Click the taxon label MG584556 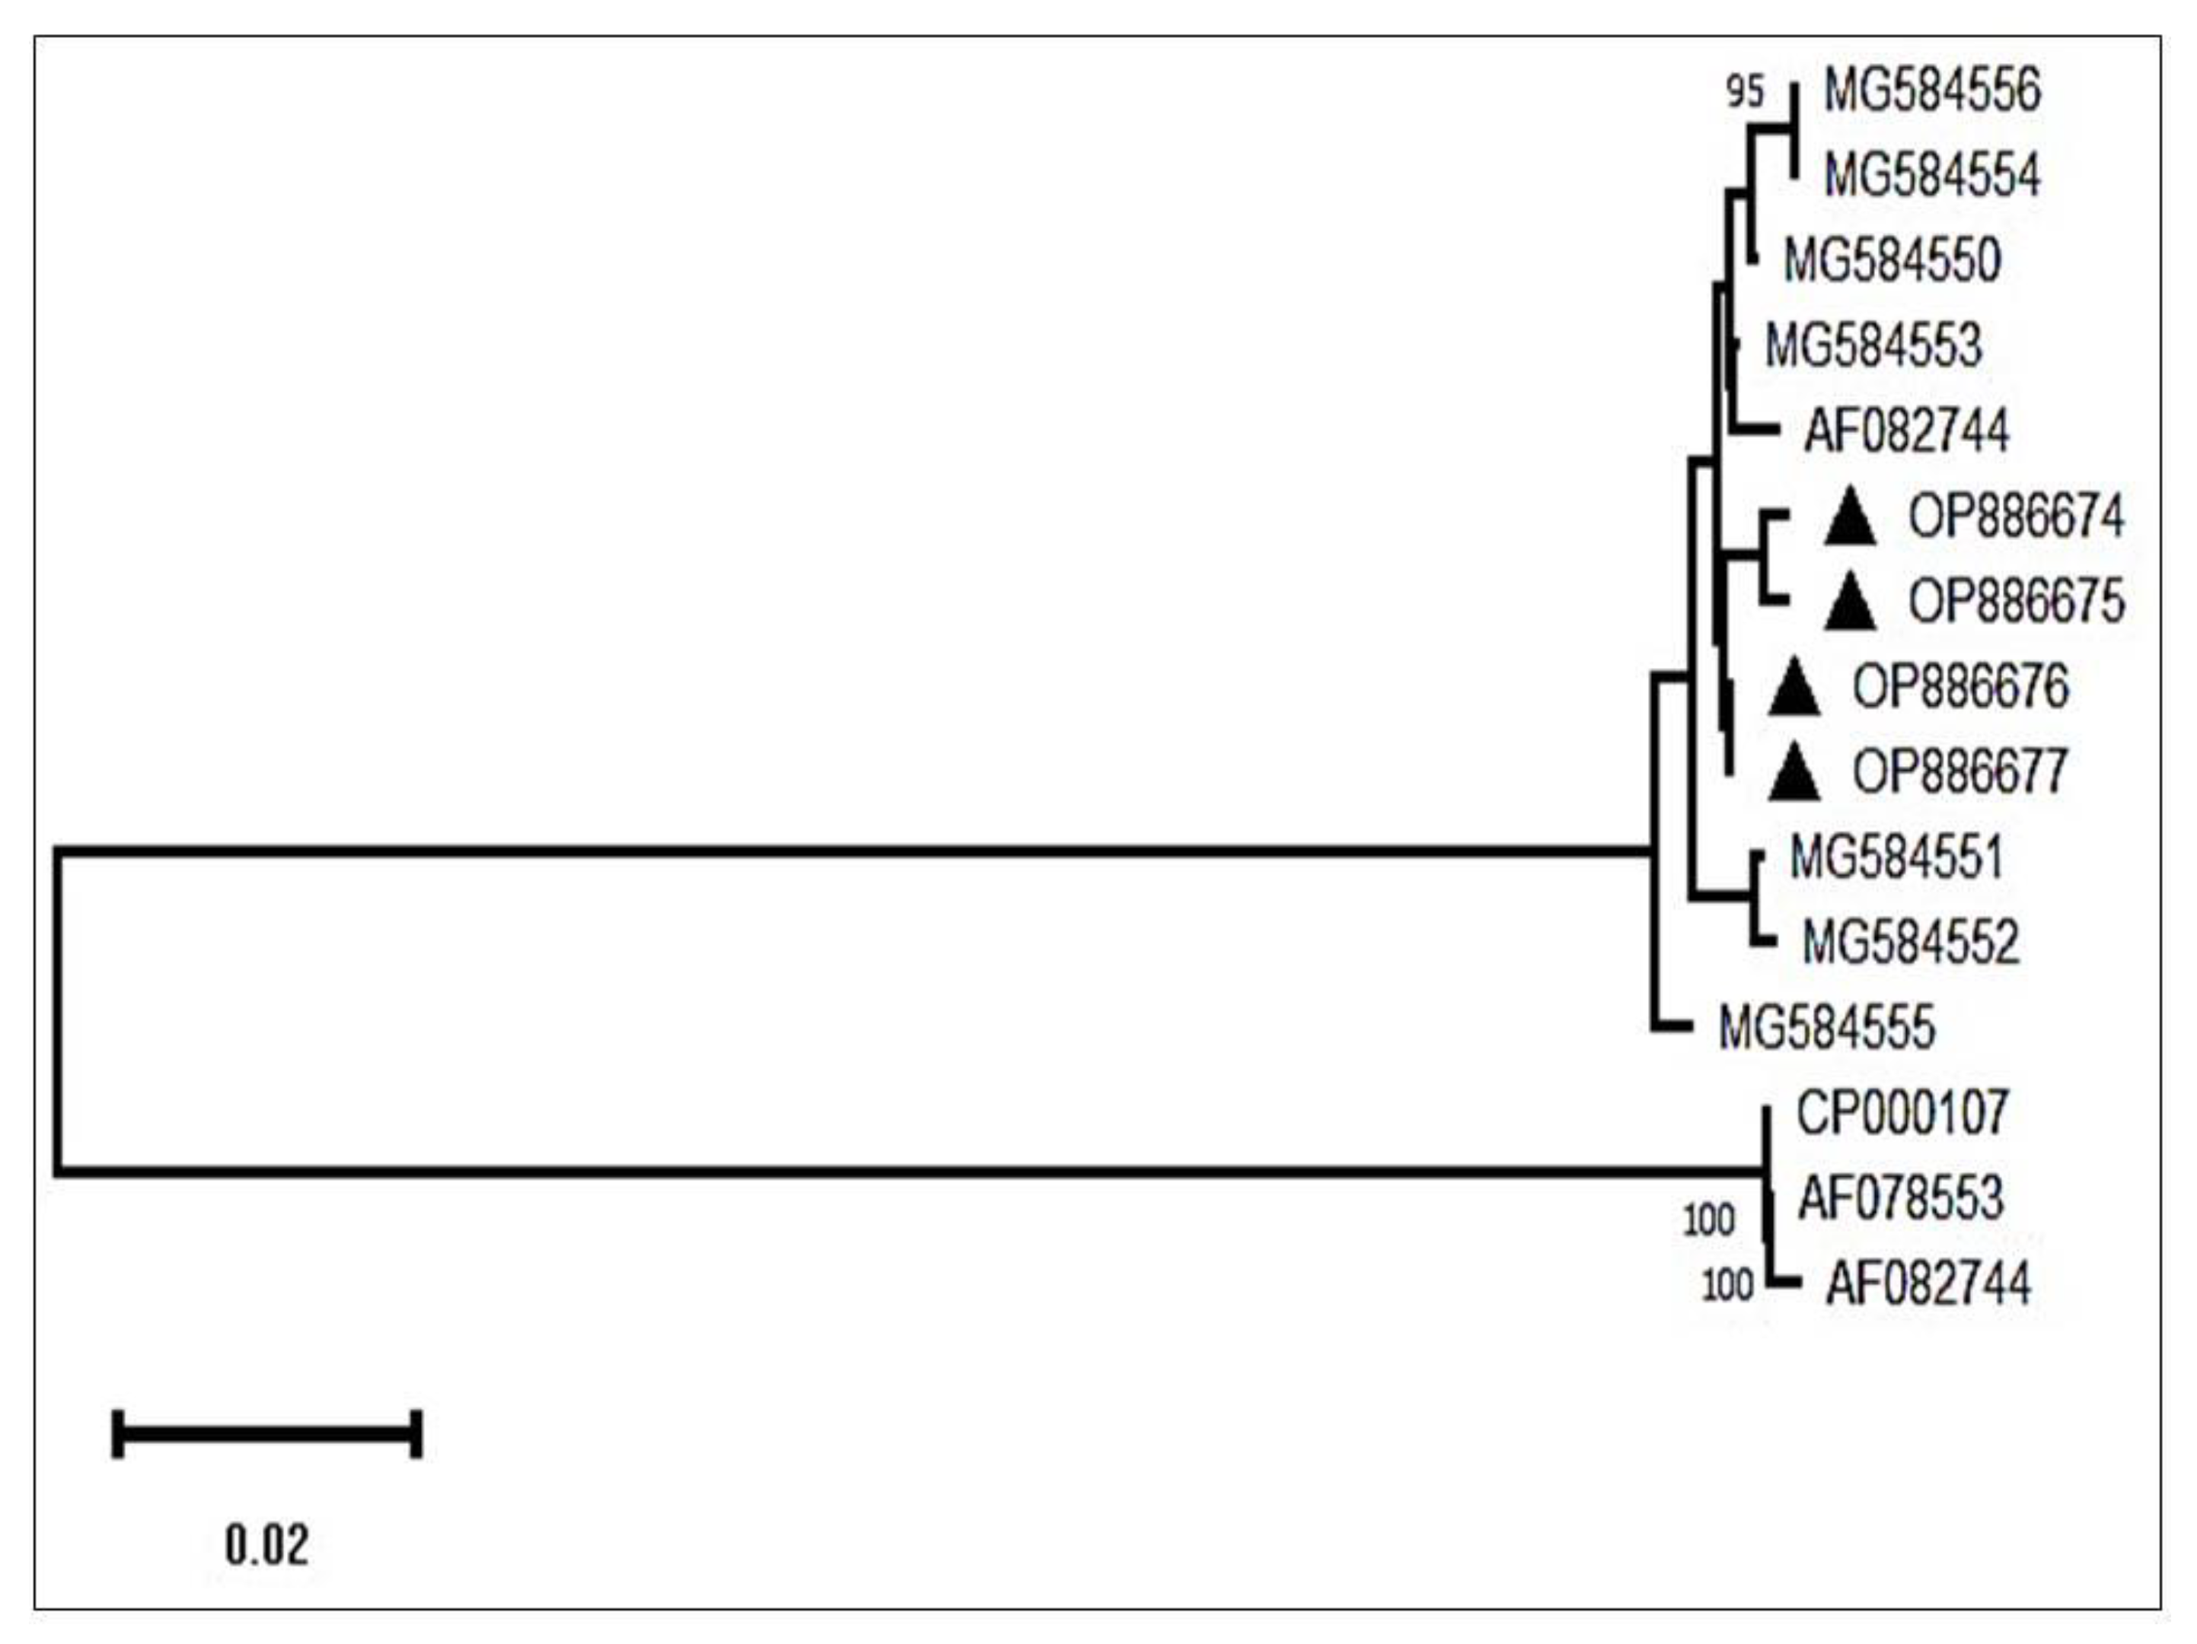click(1932, 91)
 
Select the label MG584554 click(1932, 176)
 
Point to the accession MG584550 click(1892, 261)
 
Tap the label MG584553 click(1873, 346)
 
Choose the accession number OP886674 click(2017, 517)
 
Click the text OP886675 click(2017, 602)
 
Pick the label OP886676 click(1960, 687)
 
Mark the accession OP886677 click(1960, 771)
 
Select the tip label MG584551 click(1896, 857)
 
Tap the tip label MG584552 click(1911, 942)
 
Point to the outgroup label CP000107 click(1902, 1113)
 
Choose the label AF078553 click(1901, 1198)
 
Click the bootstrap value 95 click(1745, 92)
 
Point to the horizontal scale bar click(267, 1433)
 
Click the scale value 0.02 click(267, 1545)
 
